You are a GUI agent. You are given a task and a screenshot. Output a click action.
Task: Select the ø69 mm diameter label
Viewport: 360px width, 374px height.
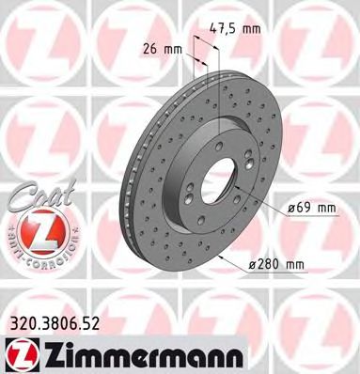pos(309,207)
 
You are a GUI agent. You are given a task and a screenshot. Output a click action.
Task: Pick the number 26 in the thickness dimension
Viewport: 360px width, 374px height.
pos(147,49)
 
